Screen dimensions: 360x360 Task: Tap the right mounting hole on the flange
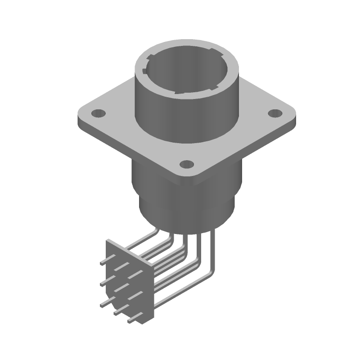pos(274,113)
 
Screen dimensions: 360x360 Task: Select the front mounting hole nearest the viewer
pos(186,164)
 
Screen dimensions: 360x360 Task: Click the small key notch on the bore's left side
pos(144,71)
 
